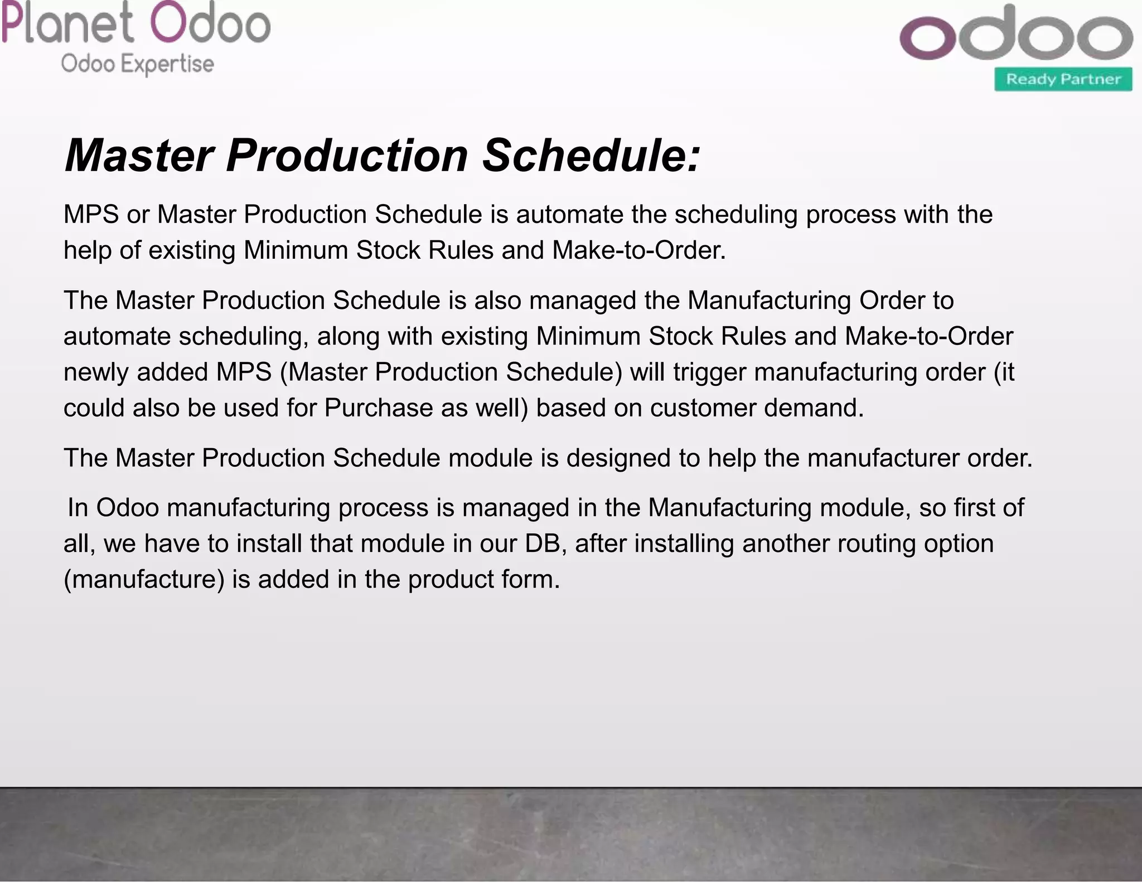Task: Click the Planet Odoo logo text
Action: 136,23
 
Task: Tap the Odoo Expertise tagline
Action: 137,64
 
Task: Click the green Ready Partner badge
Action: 1063,79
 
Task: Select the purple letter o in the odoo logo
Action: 927,38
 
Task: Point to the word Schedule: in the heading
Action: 591,156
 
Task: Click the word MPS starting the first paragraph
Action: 91,215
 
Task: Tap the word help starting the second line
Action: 87,250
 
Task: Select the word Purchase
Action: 379,408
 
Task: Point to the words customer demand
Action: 757,408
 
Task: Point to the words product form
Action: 483,579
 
